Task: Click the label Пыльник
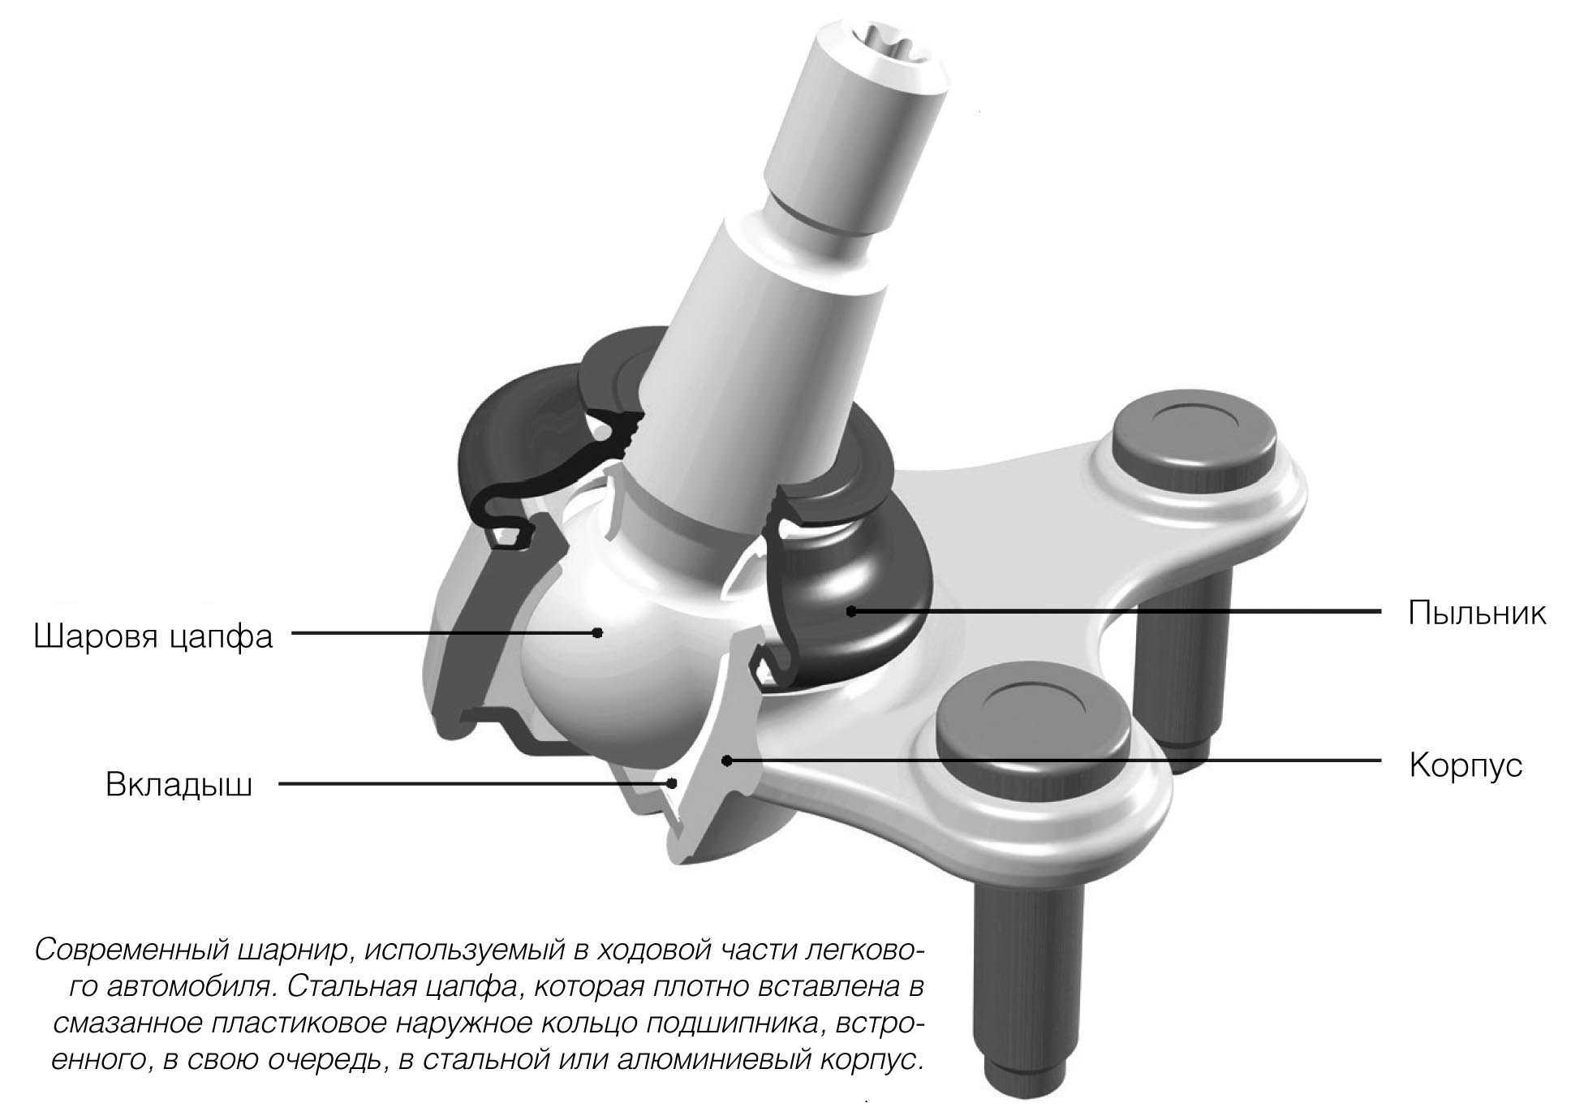(x=1477, y=613)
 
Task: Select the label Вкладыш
(x=179, y=785)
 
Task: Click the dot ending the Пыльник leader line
(x=850, y=611)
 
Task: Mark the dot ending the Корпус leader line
(x=727, y=761)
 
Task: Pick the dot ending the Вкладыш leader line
(x=672, y=783)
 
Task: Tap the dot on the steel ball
(x=598, y=632)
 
